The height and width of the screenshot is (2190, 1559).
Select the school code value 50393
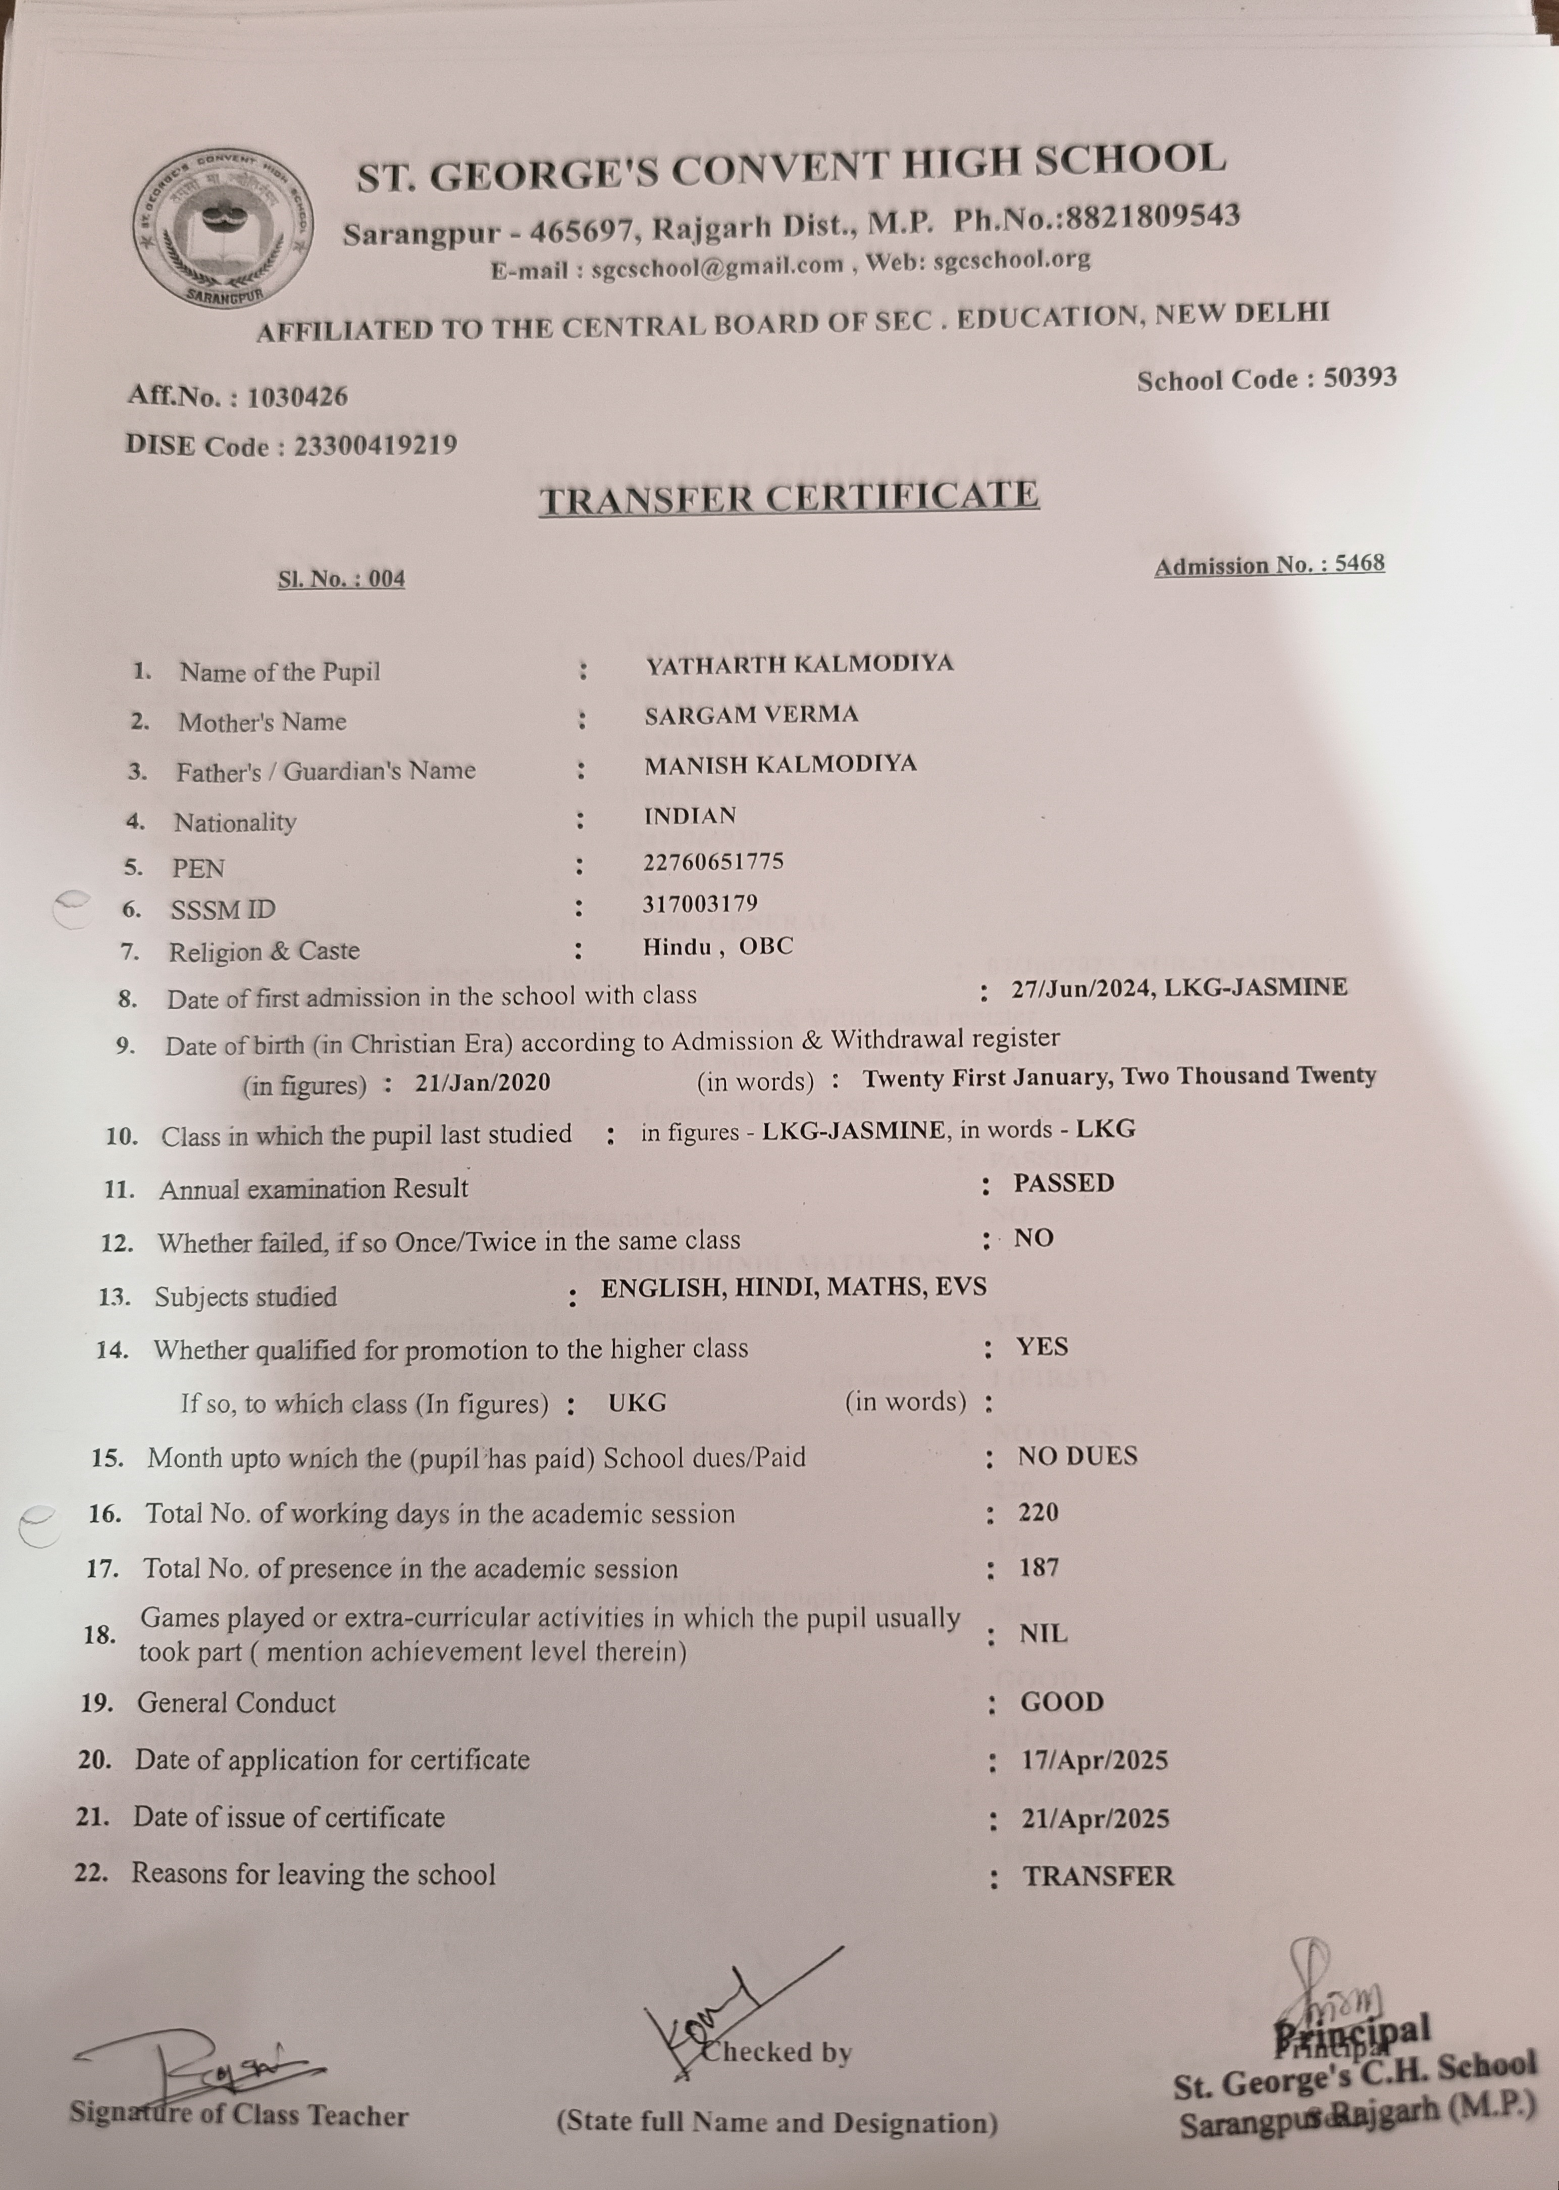1359,377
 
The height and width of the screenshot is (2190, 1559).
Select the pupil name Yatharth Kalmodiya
799,664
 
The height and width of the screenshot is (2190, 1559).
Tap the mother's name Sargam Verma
751,714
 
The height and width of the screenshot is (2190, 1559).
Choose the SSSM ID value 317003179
700,904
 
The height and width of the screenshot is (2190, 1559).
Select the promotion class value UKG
637,1403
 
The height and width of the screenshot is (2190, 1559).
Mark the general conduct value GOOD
1062,1702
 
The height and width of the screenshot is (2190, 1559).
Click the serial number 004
387,579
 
